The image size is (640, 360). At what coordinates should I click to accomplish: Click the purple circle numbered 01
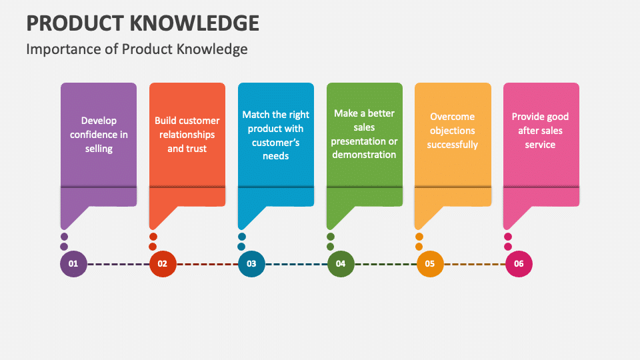click(73, 264)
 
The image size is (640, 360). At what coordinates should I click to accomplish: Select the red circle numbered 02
click(163, 264)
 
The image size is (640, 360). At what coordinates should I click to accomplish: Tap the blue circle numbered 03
click(251, 264)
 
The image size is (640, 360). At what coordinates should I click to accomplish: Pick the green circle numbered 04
click(341, 264)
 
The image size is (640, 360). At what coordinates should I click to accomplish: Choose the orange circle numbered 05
click(430, 264)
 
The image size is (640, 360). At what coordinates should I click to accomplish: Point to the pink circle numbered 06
click(519, 264)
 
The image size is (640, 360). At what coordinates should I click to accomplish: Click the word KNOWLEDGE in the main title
click(194, 23)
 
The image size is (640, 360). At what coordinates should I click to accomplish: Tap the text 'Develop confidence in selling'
click(99, 135)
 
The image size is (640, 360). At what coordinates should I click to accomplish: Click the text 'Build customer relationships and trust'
click(187, 135)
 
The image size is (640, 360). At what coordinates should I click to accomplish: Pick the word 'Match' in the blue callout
click(255, 115)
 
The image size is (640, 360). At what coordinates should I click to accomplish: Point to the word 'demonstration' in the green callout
click(364, 155)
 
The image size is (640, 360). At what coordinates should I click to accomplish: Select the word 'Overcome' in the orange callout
click(452, 117)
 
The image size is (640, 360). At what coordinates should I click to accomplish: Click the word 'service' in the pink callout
click(540, 145)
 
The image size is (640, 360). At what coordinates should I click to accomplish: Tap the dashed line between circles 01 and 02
click(119, 264)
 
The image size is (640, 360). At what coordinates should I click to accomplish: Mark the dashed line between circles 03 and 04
click(296, 264)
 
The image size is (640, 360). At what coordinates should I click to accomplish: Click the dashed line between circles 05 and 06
click(475, 264)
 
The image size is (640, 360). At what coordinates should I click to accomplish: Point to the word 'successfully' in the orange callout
click(452, 145)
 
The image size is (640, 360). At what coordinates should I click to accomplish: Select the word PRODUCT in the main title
click(75, 23)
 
